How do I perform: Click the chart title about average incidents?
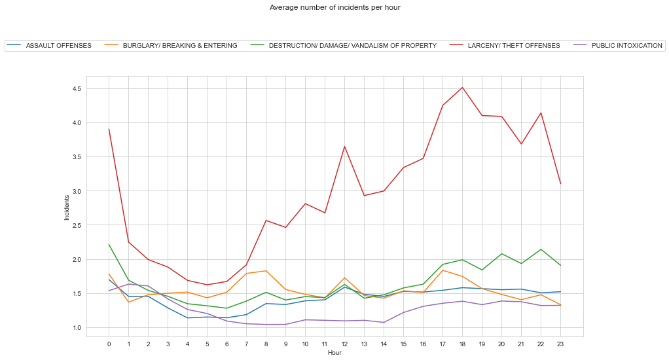[334, 7]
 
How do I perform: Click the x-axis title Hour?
[334, 352]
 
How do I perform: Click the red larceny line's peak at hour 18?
[462, 88]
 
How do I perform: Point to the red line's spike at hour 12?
[344, 147]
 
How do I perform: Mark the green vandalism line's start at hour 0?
[109, 245]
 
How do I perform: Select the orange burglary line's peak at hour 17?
[443, 270]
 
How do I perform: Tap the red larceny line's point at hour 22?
[541, 113]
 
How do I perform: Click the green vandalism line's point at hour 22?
[541, 249]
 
